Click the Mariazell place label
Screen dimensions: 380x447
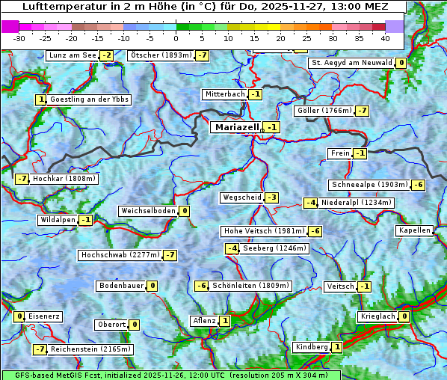click(x=236, y=128)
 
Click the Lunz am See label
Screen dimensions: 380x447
click(x=73, y=55)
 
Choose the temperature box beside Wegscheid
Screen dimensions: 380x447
click(x=272, y=197)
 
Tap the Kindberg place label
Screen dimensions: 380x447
click(x=312, y=347)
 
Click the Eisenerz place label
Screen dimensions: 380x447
click(x=44, y=316)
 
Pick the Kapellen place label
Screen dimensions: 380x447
click(x=414, y=230)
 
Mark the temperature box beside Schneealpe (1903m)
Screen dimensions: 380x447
click(x=419, y=185)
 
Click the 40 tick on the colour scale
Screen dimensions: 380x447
click(x=385, y=38)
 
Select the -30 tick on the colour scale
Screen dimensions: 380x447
click(x=19, y=38)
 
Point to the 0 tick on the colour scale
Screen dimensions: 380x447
click(x=176, y=38)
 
